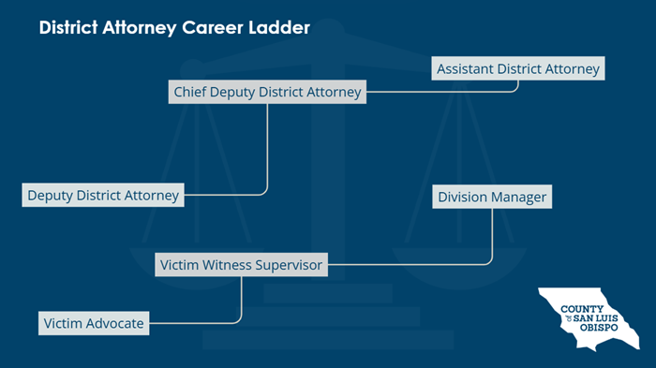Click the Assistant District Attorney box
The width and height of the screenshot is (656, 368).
[x=518, y=69]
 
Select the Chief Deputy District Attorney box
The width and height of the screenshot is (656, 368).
[x=267, y=92]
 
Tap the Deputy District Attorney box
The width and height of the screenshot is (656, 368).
[x=103, y=196]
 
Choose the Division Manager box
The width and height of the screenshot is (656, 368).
[x=492, y=198]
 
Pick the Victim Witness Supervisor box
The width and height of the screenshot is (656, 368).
[x=241, y=265]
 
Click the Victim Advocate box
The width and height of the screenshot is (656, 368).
[x=94, y=324]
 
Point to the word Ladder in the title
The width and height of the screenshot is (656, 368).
[x=280, y=29]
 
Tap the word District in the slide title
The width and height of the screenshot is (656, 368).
[x=67, y=29]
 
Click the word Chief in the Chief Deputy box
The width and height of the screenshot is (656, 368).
[x=191, y=92]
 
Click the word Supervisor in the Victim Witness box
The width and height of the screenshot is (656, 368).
[x=289, y=265]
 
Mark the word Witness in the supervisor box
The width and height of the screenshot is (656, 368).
[x=227, y=265]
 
